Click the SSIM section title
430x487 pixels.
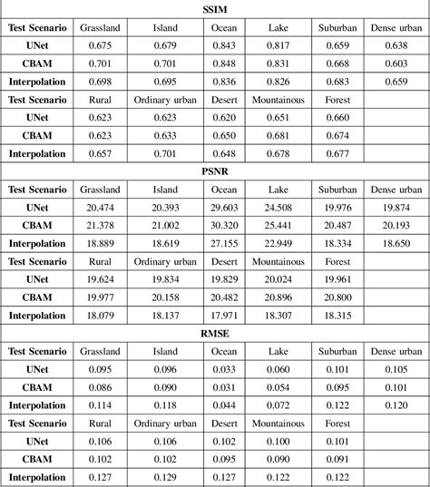[x=215, y=11]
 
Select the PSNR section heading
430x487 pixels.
[x=215, y=172]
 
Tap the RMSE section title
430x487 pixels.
[x=215, y=333]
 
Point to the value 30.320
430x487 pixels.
[x=224, y=226]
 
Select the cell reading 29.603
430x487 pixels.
[x=224, y=208]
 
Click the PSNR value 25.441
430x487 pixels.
[x=279, y=226]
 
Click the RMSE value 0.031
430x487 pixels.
[x=224, y=386]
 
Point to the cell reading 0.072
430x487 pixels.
[x=279, y=404]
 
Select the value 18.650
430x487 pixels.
[x=396, y=244]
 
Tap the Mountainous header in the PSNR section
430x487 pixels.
[x=279, y=261]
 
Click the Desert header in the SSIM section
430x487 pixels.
[x=224, y=100]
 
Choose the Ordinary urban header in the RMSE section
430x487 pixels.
[x=165, y=422]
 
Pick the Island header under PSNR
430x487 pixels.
[x=165, y=190]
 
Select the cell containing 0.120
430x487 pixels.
[x=396, y=404]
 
